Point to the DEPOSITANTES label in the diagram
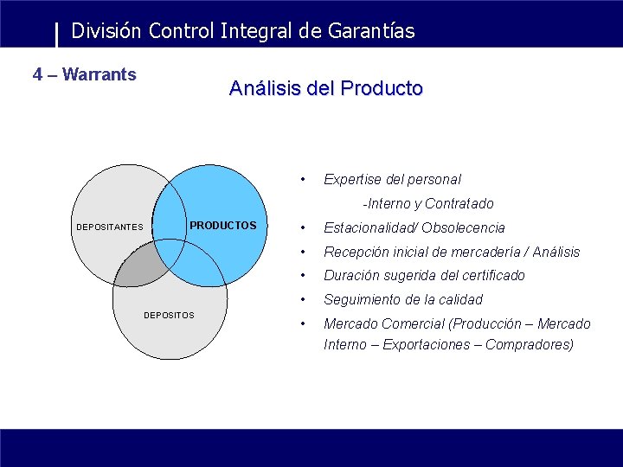[x=110, y=227]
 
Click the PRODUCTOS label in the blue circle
[x=223, y=226]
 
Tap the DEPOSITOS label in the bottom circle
[x=169, y=315]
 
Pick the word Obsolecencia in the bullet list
[x=463, y=228]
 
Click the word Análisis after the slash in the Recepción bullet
[x=556, y=253]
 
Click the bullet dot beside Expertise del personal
[x=301, y=180]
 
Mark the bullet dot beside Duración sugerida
[x=301, y=276]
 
